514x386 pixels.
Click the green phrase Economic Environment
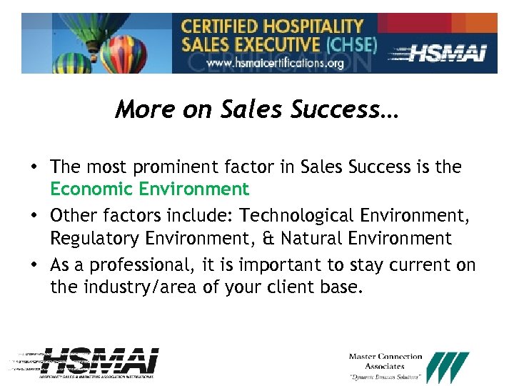coord(150,189)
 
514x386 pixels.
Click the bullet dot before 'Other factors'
coord(34,216)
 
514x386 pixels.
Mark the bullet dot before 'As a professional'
coord(34,265)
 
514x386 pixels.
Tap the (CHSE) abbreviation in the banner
coord(351,44)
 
